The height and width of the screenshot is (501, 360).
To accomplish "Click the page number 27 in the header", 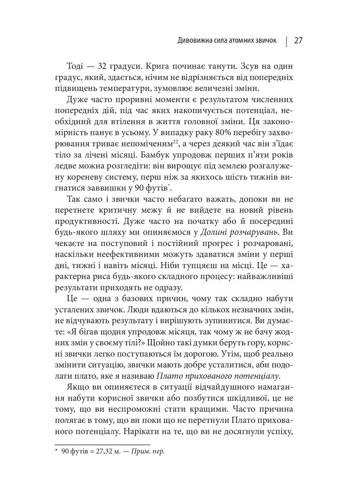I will pos(298,41).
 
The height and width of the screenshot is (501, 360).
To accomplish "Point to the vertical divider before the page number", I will pos(286,41).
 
